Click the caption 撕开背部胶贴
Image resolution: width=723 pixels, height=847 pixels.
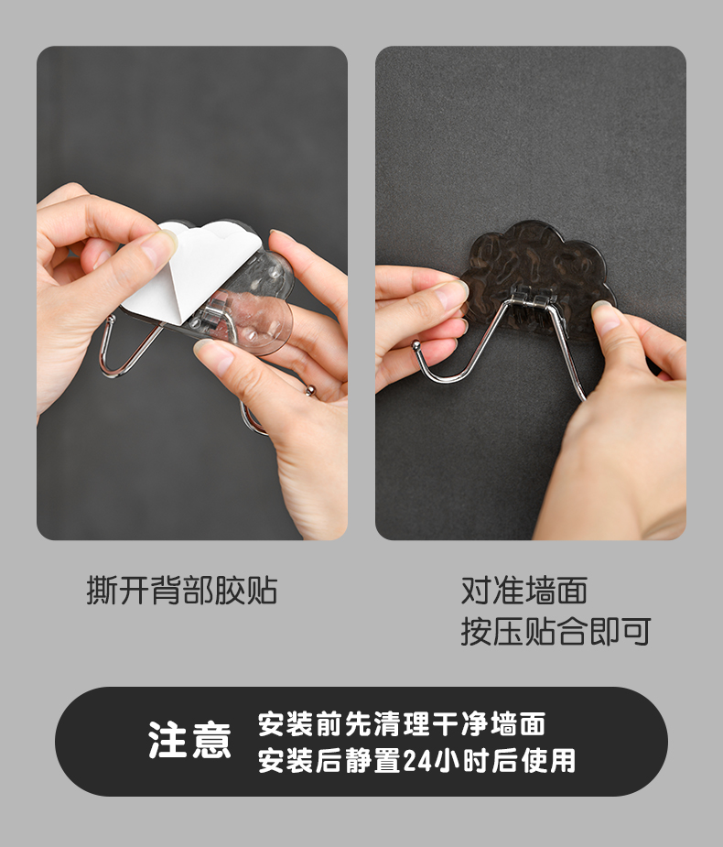click(x=182, y=590)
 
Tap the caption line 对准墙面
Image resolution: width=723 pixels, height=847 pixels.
click(x=524, y=590)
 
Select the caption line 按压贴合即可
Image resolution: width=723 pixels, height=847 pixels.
click(x=556, y=631)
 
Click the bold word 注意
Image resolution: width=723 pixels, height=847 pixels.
click(x=189, y=740)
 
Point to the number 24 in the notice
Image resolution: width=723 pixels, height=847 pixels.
click(x=416, y=761)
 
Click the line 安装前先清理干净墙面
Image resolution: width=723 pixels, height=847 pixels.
click(x=402, y=723)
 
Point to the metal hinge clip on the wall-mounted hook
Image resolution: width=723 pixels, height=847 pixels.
click(x=531, y=298)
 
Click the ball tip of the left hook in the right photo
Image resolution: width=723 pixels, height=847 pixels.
click(x=415, y=345)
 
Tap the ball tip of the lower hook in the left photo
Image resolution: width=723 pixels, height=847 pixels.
click(x=311, y=390)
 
